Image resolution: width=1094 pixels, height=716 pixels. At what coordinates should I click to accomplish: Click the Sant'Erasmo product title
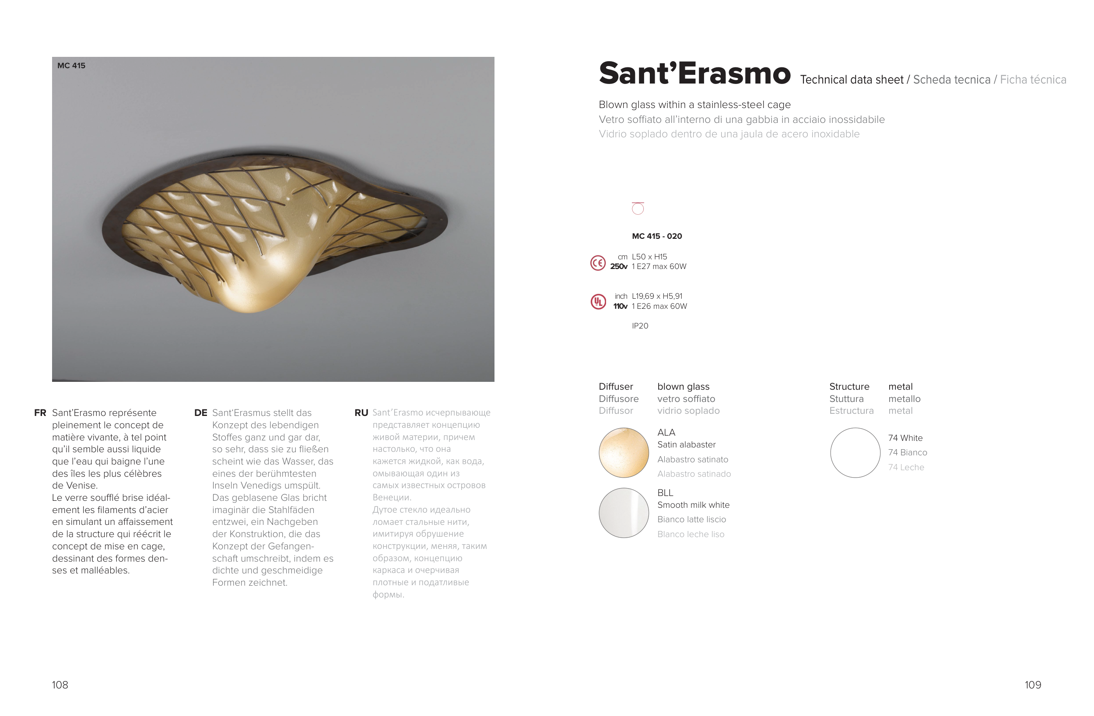[x=694, y=73]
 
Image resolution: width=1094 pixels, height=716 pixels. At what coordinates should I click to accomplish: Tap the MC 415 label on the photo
[x=71, y=66]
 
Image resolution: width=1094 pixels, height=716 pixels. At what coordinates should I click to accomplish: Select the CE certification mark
[x=598, y=263]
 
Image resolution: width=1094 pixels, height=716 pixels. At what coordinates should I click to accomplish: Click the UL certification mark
[x=598, y=301]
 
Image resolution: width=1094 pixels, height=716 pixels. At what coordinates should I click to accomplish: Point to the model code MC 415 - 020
[x=657, y=236]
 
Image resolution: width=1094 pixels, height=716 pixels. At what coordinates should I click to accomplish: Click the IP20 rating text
[x=640, y=326]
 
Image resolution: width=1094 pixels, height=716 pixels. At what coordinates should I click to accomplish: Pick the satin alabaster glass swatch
[x=624, y=453]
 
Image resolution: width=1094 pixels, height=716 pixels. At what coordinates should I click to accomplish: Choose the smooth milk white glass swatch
[x=624, y=513]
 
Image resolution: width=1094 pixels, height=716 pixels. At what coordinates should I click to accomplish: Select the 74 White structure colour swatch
[x=855, y=453]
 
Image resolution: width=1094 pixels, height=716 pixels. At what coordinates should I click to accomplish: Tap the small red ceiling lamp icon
[x=638, y=209]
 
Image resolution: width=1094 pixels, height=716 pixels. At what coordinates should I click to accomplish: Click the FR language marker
[x=40, y=413]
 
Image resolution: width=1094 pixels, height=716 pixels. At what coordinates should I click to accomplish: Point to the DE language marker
[x=200, y=413]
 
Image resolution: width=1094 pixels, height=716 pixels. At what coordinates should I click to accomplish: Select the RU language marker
[x=361, y=413]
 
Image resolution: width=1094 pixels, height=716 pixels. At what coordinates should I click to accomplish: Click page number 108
[x=60, y=685]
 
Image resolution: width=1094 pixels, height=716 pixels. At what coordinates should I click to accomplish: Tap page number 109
[x=1033, y=685]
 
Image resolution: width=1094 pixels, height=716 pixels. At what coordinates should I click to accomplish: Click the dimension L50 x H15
[x=649, y=257]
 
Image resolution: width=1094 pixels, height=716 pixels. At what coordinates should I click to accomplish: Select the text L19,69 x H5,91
[x=657, y=297]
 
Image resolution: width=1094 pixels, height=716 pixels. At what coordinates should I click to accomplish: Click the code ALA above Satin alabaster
[x=666, y=433]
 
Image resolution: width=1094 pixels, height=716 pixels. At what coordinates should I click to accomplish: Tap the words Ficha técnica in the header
[x=1033, y=80]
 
